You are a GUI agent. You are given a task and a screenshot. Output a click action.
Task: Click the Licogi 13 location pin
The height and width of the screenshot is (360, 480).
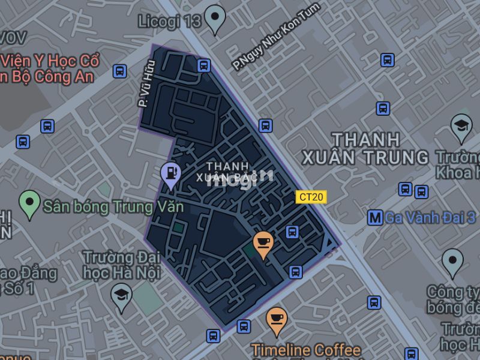click(x=214, y=18)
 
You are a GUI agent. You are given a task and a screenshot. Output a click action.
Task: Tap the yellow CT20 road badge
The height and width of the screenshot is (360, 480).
click(x=311, y=197)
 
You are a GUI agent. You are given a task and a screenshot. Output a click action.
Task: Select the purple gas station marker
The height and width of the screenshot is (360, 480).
click(x=171, y=174)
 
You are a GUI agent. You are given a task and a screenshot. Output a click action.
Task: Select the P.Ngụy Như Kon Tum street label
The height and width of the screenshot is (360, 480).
click(x=277, y=37)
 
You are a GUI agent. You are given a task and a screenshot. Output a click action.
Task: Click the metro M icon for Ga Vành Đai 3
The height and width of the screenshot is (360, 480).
click(x=375, y=218)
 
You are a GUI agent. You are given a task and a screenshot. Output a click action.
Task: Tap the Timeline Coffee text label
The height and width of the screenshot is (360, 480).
click(x=306, y=350)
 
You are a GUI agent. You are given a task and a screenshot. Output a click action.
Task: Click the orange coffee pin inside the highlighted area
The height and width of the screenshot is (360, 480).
click(x=263, y=243)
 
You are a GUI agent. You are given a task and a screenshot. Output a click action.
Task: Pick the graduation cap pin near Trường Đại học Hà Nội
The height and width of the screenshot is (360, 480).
click(x=121, y=295)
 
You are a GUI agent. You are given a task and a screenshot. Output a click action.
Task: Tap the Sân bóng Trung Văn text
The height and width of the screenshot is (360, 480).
click(x=113, y=207)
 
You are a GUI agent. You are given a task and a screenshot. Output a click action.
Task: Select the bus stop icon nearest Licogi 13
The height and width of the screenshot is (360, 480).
click(x=203, y=65)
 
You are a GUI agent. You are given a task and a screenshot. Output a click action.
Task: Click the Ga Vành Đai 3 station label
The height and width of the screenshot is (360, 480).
click(x=430, y=218)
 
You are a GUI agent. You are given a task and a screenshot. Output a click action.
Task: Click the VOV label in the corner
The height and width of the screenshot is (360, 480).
click(x=13, y=38)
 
